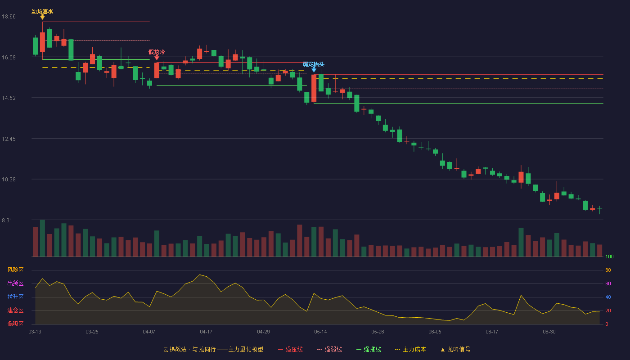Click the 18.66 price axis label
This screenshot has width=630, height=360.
(9, 17)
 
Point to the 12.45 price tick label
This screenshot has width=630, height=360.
(9, 139)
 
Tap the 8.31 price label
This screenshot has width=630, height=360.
(7, 220)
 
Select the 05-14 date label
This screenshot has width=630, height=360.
(320, 332)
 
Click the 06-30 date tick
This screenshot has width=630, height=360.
(549, 332)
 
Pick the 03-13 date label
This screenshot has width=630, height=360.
(35, 332)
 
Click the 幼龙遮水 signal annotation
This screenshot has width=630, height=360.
(42, 12)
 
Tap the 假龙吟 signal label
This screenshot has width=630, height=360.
(157, 52)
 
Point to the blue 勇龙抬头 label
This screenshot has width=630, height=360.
(314, 64)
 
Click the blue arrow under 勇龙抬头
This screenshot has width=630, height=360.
(314, 70)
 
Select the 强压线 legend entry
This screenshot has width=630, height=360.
(290, 349)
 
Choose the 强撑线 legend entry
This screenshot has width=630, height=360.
(369, 349)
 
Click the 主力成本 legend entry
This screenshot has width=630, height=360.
(410, 349)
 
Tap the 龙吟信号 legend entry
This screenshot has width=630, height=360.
(455, 349)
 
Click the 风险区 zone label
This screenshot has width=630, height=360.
(15, 270)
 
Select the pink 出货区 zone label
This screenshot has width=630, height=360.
(15, 283)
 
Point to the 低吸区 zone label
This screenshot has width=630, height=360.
(15, 324)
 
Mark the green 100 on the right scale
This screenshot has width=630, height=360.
(609, 256)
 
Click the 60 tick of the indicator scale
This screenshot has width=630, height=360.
(608, 283)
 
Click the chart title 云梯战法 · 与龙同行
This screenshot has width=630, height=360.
(189, 349)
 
